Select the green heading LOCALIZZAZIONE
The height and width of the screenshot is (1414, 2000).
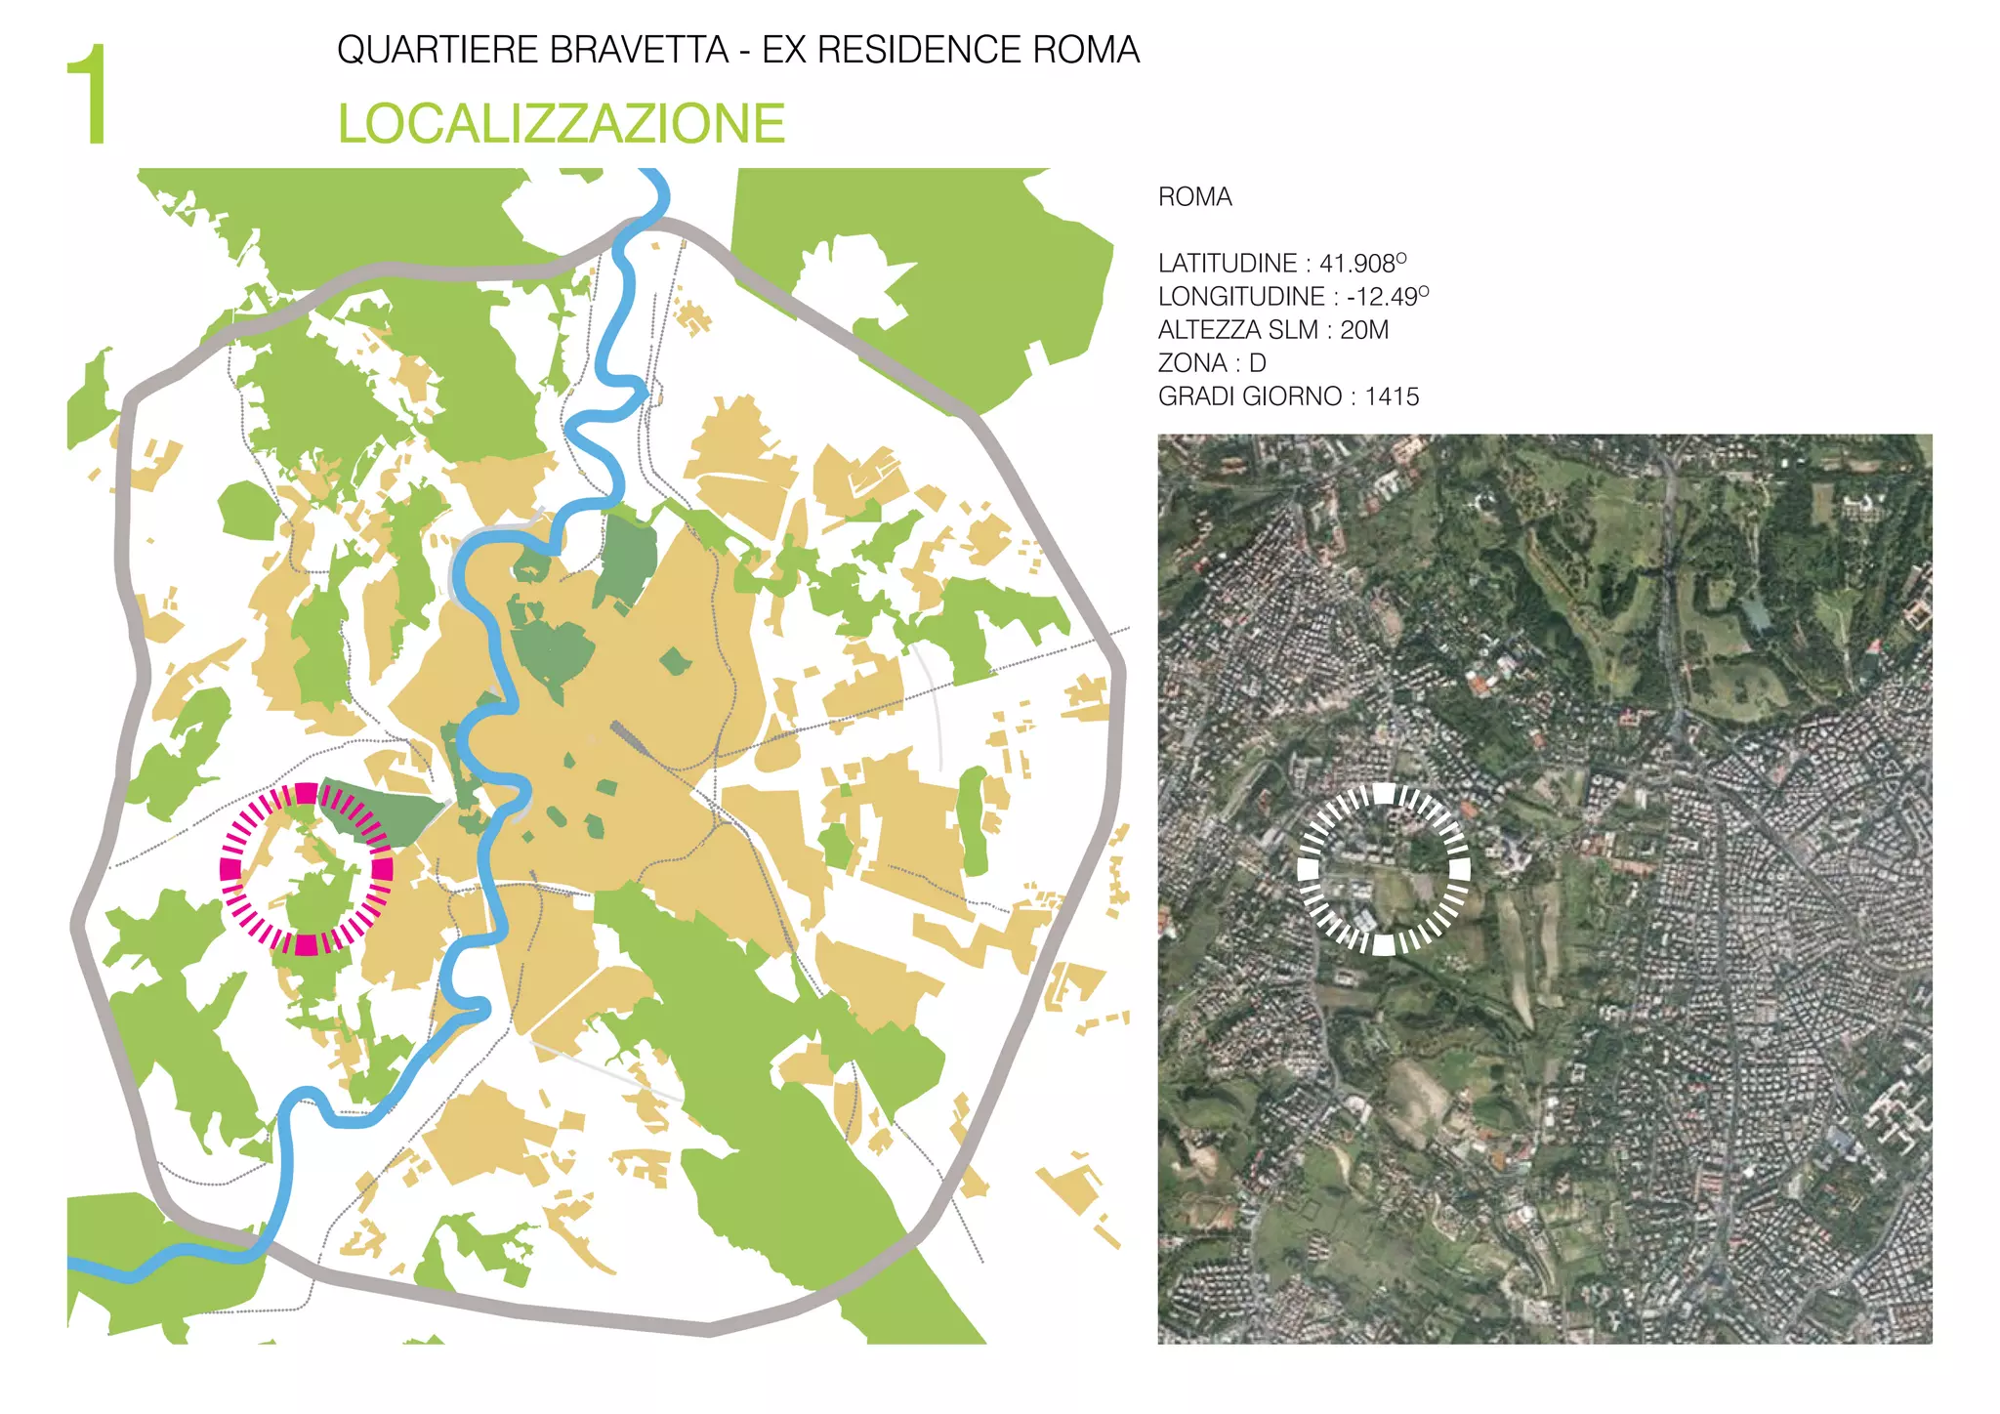[561, 124]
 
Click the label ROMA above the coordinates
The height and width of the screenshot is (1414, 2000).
[1194, 197]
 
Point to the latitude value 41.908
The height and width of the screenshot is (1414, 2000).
[1357, 264]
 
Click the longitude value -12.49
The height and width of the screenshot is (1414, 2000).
[1382, 297]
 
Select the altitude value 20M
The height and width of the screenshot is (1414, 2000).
[1364, 330]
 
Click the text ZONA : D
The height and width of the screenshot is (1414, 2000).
[1211, 363]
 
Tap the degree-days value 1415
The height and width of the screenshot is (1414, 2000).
[1392, 396]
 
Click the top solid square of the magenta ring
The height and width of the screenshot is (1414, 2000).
[307, 793]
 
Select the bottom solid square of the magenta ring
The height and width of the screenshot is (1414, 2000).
[307, 944]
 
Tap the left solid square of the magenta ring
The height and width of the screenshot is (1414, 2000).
[230, 869]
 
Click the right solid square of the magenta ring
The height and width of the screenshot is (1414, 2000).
[383, 869]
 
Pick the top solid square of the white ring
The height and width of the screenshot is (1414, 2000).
[1384, 793]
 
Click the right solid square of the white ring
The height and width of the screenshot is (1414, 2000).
[1459, 869]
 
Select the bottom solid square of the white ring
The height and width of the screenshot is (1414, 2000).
[1384, 944]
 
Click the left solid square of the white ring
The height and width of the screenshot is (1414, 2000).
[1309, 869]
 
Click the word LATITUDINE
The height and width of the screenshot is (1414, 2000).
[1227, 264]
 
